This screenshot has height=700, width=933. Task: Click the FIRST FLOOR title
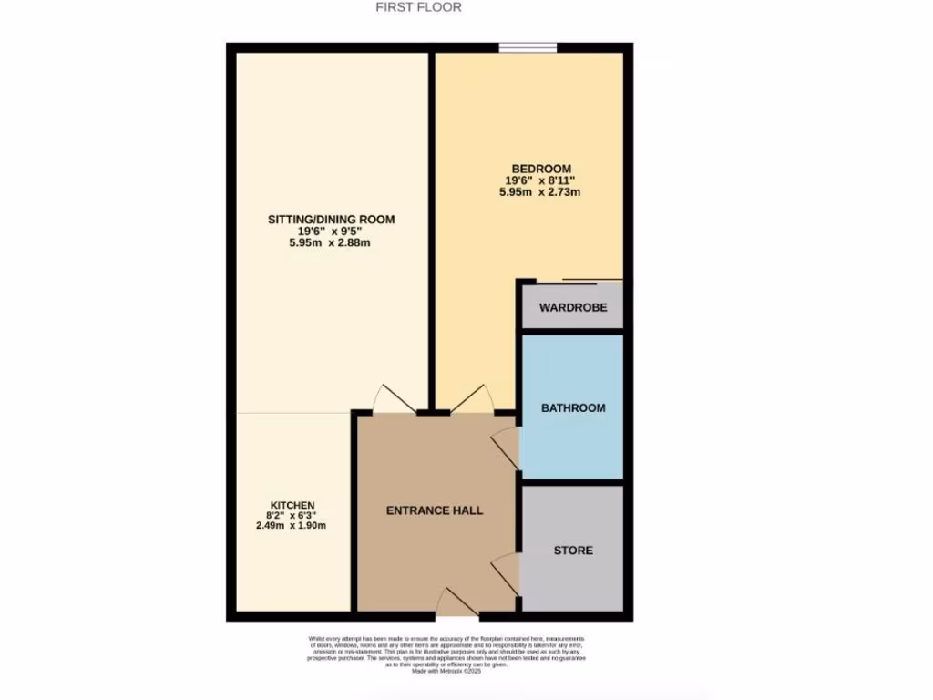(419, 7)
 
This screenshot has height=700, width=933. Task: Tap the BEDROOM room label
(541, 169)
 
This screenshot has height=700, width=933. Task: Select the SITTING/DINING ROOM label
(331, 220)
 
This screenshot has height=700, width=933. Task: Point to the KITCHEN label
(292, 505)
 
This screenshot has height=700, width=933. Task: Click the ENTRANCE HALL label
(435, 510)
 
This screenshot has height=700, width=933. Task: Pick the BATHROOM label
(573, 407)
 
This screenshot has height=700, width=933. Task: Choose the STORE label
(573, 550)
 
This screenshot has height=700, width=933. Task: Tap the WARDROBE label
(572, 307)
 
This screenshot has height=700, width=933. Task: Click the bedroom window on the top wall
(528, 47)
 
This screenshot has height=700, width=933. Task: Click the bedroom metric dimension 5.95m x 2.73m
(541, 192)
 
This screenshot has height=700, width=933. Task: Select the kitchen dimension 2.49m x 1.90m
(291, 526)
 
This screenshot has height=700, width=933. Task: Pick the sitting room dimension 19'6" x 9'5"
(331, 232)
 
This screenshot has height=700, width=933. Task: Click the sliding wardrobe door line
(592, 279)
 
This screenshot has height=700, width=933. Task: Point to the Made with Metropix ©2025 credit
(446, 673)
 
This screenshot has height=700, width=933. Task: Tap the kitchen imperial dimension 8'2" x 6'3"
(291, 516)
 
